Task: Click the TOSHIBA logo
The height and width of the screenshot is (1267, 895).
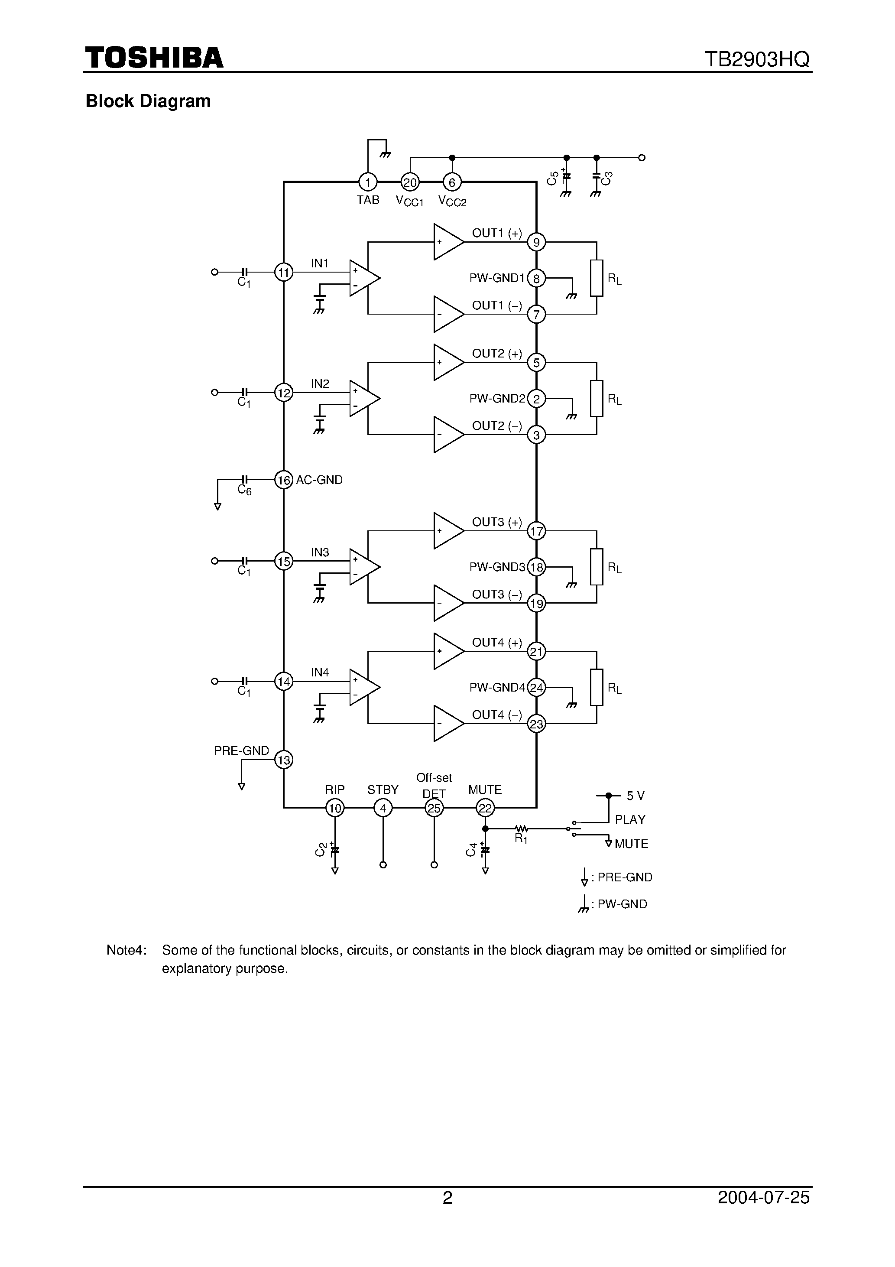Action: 154,58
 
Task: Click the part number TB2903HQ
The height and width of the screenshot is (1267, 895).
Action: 757,59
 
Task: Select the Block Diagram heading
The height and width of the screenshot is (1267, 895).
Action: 148,101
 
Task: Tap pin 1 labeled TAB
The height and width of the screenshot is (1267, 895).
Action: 367,182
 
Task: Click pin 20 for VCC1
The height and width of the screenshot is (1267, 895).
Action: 410,182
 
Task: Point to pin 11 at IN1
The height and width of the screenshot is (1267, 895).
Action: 284,272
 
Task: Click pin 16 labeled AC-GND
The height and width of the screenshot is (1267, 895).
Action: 284,480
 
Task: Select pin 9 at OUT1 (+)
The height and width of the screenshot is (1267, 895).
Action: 536,242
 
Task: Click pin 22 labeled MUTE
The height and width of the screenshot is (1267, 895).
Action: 485,809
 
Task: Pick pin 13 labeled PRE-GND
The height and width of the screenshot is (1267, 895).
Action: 284,760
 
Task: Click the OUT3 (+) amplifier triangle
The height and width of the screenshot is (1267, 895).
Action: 447,531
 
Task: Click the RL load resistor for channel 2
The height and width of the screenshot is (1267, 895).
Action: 597,398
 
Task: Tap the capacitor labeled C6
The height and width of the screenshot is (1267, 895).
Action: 244,480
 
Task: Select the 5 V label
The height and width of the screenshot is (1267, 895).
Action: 635,796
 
